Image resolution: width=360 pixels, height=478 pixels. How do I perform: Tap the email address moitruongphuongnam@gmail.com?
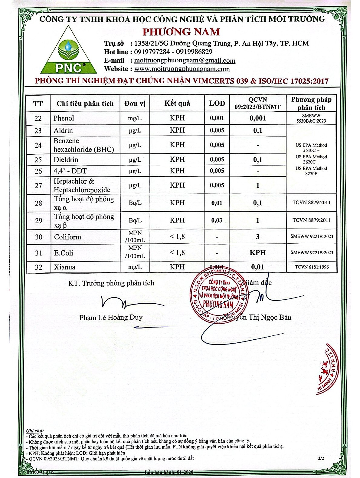point(185,61)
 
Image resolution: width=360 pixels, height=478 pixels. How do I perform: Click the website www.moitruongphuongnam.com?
point(182,69)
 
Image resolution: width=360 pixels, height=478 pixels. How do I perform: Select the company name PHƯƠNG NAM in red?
point(181,31)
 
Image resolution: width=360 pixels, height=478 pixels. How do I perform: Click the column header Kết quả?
point(177,103)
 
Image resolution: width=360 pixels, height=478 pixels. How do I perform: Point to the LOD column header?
point(217,103)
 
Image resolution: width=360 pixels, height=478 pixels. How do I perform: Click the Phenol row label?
point(64,118)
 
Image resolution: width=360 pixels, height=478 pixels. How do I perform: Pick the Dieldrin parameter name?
point(66,160)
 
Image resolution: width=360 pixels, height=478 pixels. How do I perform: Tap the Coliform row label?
point(67,237)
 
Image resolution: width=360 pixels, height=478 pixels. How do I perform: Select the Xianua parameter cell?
point(64,267)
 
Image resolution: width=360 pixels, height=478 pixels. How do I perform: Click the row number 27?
point(38,185)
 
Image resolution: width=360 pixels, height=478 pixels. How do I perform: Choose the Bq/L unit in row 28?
point(135,203)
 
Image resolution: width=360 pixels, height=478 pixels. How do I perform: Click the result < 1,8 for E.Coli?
point(177,252)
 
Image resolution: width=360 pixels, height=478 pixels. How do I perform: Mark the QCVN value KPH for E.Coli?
point(257,252)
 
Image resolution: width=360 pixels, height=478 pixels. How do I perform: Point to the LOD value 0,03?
point(217,220)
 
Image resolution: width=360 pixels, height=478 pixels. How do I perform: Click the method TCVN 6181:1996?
point(312,267)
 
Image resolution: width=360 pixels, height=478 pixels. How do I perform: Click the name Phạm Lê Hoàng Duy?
point(111,318)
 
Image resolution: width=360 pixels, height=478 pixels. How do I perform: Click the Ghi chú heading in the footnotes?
point(35,430)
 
